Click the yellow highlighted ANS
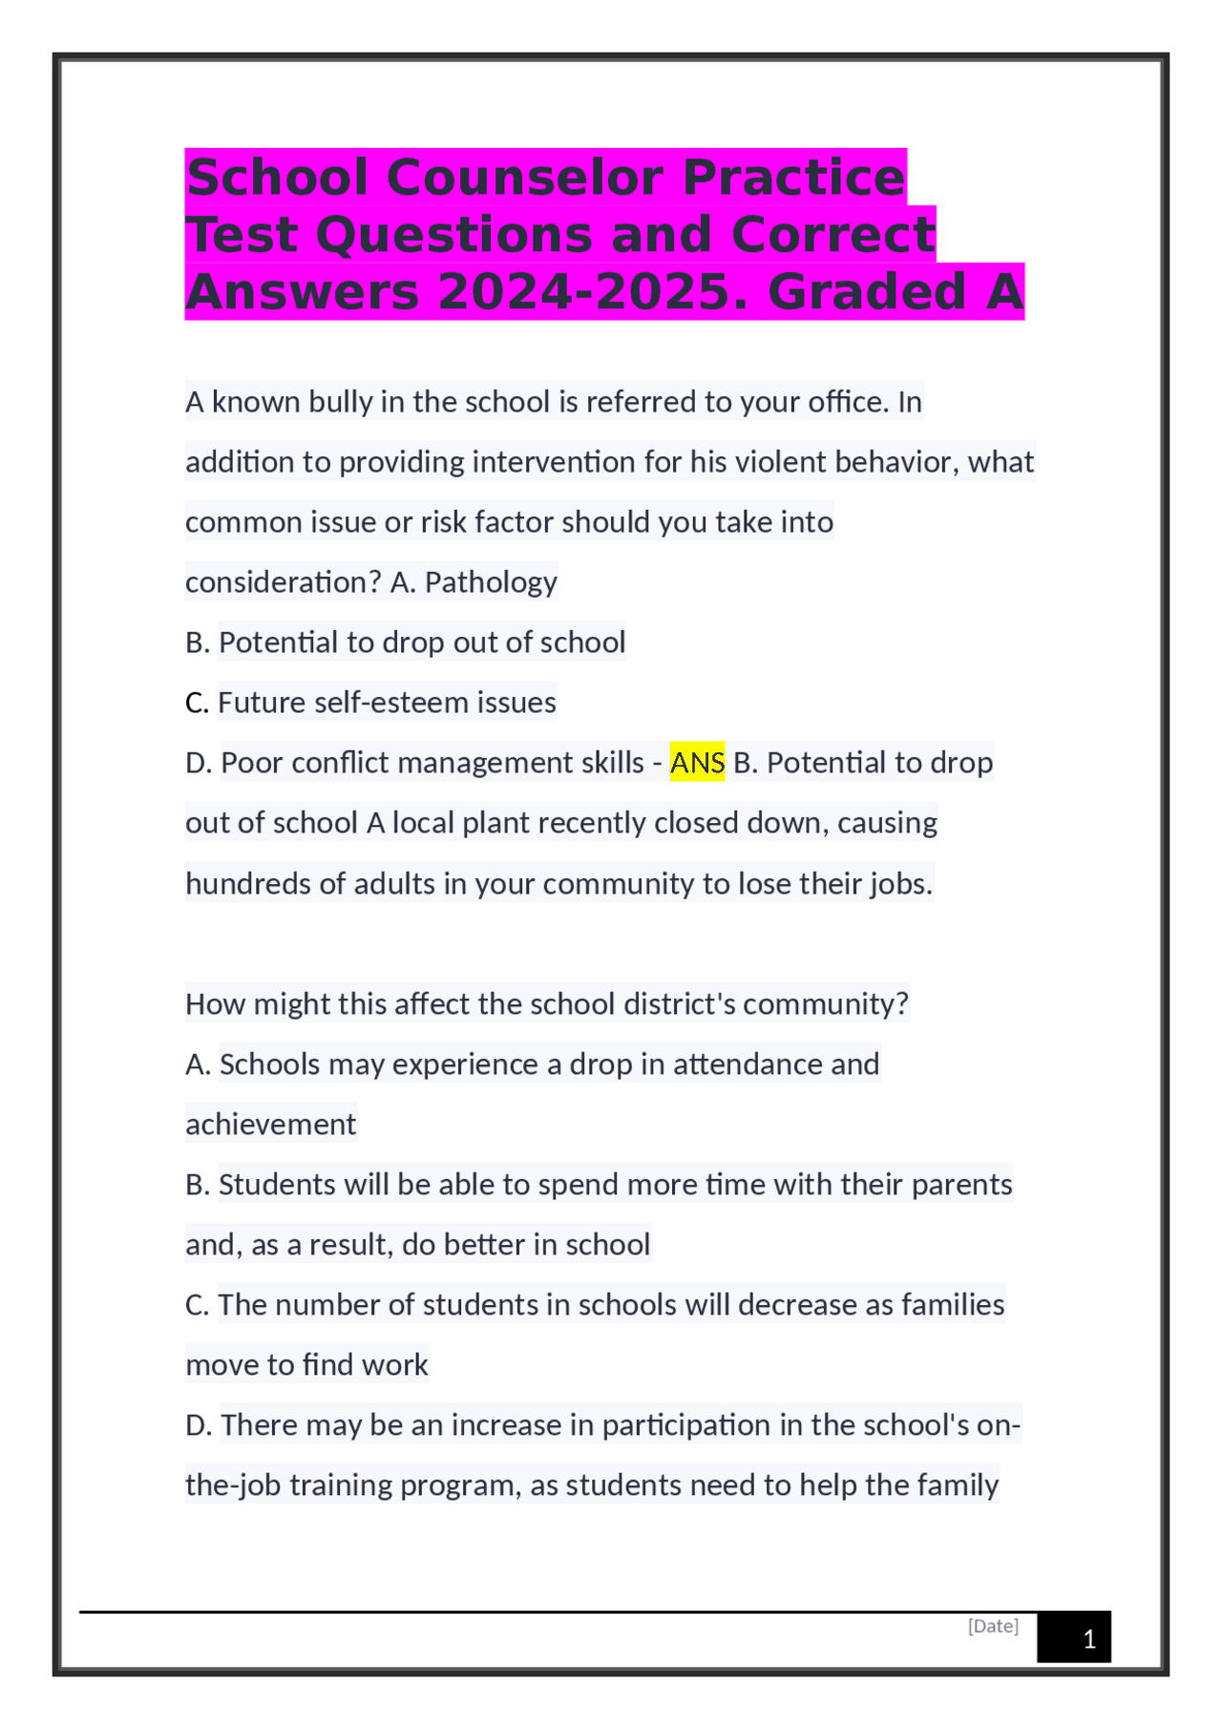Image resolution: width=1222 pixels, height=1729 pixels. (x=697, y=763)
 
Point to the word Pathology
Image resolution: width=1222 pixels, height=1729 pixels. (x=491, y=582)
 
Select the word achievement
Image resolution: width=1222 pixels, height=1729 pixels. (x=270, y=1125)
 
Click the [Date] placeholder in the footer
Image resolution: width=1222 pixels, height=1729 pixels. (x=993, y=1626)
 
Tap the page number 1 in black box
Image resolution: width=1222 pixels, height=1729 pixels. (x=1088, y=1640)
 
